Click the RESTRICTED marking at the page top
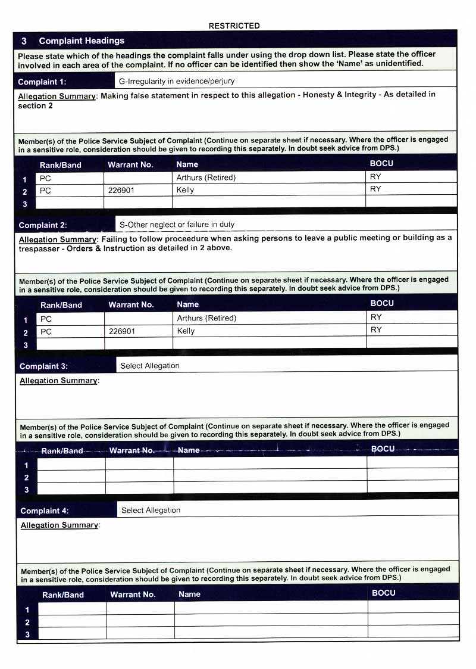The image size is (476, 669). click(234, 26)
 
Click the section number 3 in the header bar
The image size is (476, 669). click(24, 41)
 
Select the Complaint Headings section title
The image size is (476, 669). click(82, 41)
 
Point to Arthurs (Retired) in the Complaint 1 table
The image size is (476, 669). click(206, 178)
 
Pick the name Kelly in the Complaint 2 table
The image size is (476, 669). click(186, 331)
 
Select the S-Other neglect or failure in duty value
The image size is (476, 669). click(177, 225)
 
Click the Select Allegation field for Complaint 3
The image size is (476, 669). click(149, 366)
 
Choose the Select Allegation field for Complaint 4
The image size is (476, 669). click(151, 510)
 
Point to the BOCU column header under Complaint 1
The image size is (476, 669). click(381, 163)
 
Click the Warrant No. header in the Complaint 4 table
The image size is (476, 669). click(133, 595)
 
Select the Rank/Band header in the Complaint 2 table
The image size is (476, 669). click(61, 305)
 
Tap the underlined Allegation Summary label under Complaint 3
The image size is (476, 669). click(58, 381)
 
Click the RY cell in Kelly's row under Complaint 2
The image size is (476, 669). click(376, 330)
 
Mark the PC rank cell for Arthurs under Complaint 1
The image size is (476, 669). click(46, 178)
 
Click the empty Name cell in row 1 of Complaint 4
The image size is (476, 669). click(271, 608)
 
